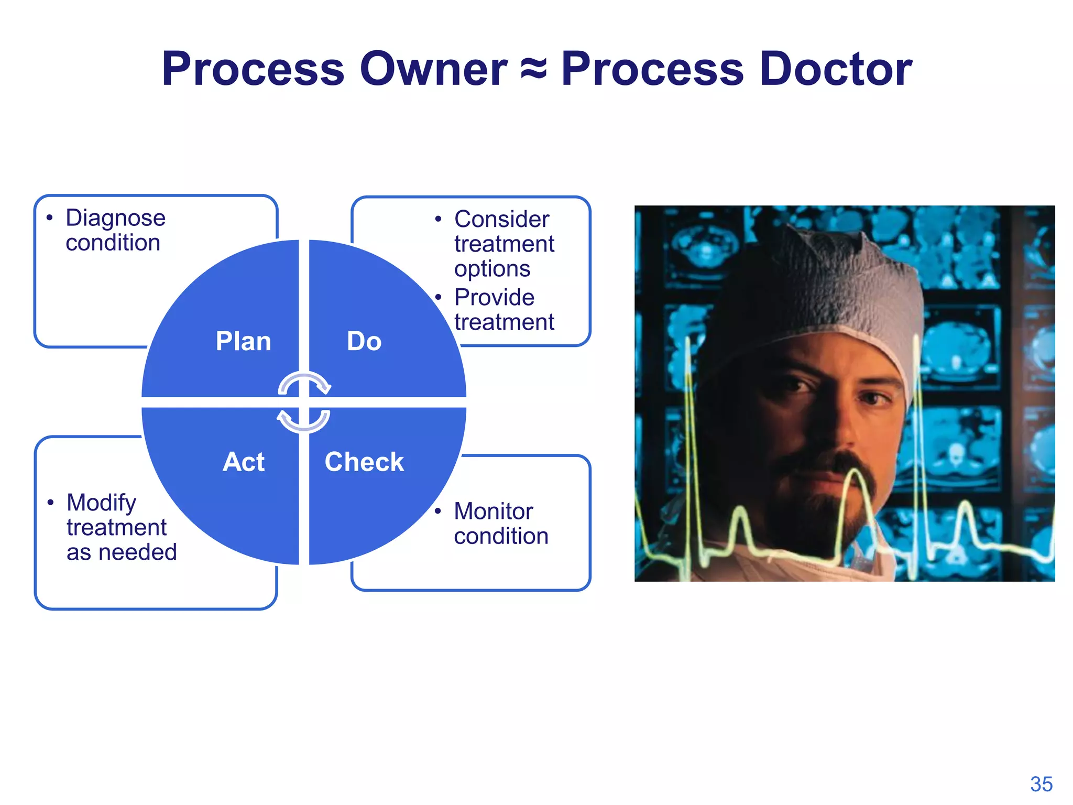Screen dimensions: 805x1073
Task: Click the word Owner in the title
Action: [433, 69]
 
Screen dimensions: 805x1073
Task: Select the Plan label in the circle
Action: [244, 341]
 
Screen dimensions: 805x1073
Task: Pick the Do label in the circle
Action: [364, 341]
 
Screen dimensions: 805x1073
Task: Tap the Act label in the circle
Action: [244, 462]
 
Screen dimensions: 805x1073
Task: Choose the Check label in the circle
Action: [364, 462]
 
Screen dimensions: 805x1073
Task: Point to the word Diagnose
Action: [115, 218]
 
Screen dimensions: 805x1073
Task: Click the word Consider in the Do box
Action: [501, 219]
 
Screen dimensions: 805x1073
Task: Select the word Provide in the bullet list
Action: [494, 297]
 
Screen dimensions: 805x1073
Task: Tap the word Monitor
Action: [493, 512]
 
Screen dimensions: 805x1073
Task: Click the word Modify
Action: [101, 503]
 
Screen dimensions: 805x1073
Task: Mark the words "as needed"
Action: [122, 552]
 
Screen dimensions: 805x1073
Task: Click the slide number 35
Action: [1041, 784]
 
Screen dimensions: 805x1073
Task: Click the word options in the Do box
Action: [492, 269]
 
